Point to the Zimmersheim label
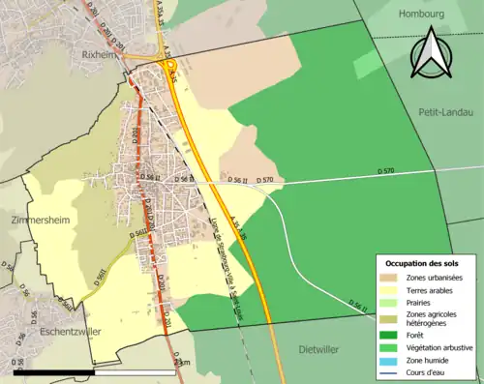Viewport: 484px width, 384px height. tap(38, 221)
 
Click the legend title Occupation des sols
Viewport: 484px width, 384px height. tap(423, 263)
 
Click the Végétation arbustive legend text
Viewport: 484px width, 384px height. tap(435, 346)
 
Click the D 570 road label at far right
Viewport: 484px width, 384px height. tap(385, 171)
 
